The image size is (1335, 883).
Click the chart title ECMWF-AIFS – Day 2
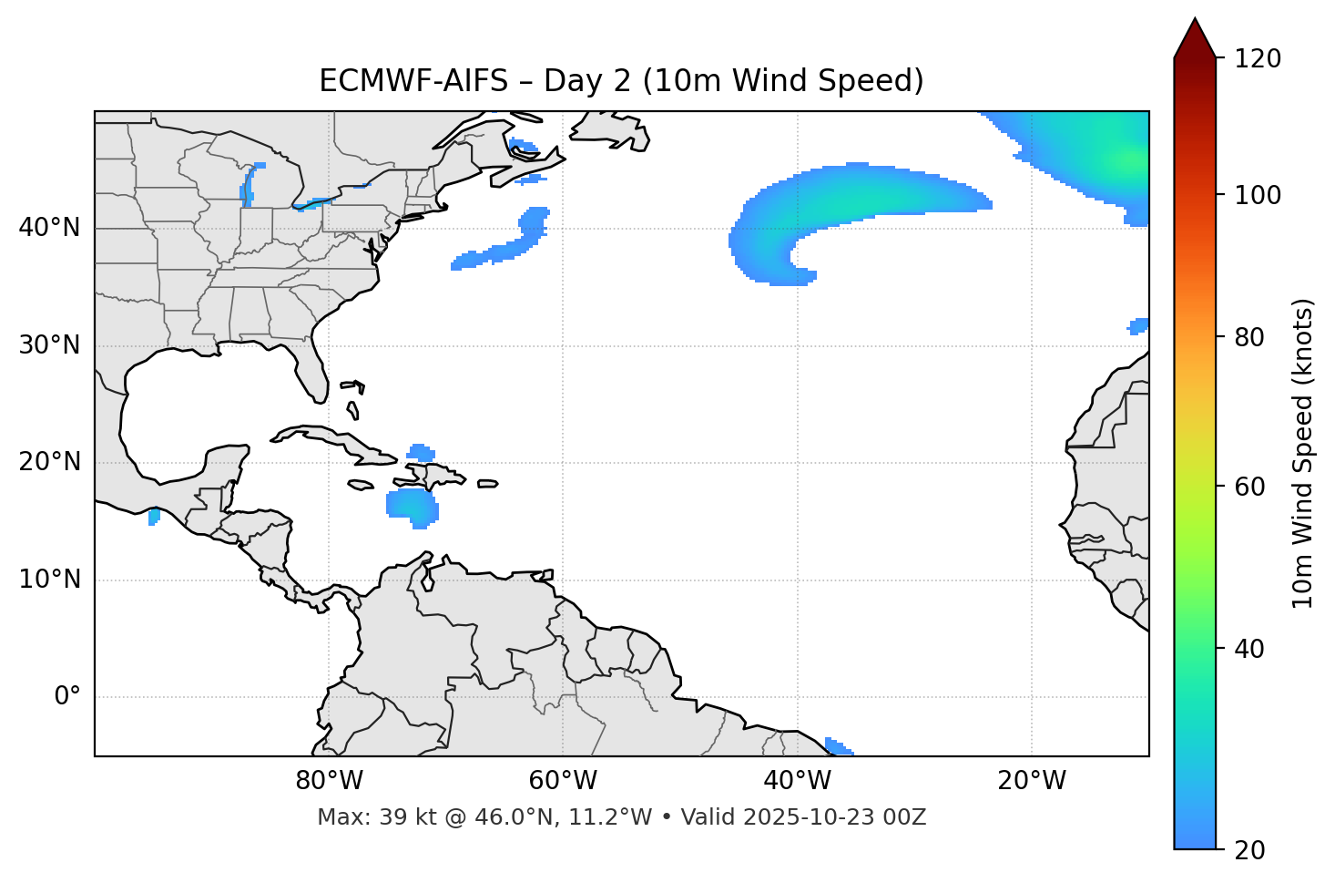pyautogui.click(x=621, y=81)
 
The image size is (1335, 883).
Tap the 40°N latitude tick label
pyautogui.click(x=49, y=228)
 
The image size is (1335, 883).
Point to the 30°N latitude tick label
pyautogui.click(x=49, y=345)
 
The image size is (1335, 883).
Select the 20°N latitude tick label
pyautogui.click(x=49, y=462)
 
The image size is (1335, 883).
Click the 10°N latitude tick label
pyautogui.click(x=49, y=580)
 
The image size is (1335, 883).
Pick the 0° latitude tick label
pyautogui.click(x=67, y=697)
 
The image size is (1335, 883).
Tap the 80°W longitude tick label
pyautogui.click(x=329, y=781)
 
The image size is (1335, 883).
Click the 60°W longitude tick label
pyautogui.click(x=563, y=781)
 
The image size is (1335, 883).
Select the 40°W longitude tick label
pyautogui.click(x=798, y=781)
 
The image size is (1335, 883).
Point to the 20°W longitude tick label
pyautogui.click(x=1032, y=781)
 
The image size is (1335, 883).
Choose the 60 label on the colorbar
pyautogui.click(x=1249, y=487)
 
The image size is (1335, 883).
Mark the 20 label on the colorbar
pyautogui.click(x=1249, y=850)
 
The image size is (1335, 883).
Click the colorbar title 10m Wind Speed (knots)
pyautogui.click(x=1303, y=453)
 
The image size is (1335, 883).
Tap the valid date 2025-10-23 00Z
pyautogui.click(x=834, y=817)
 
